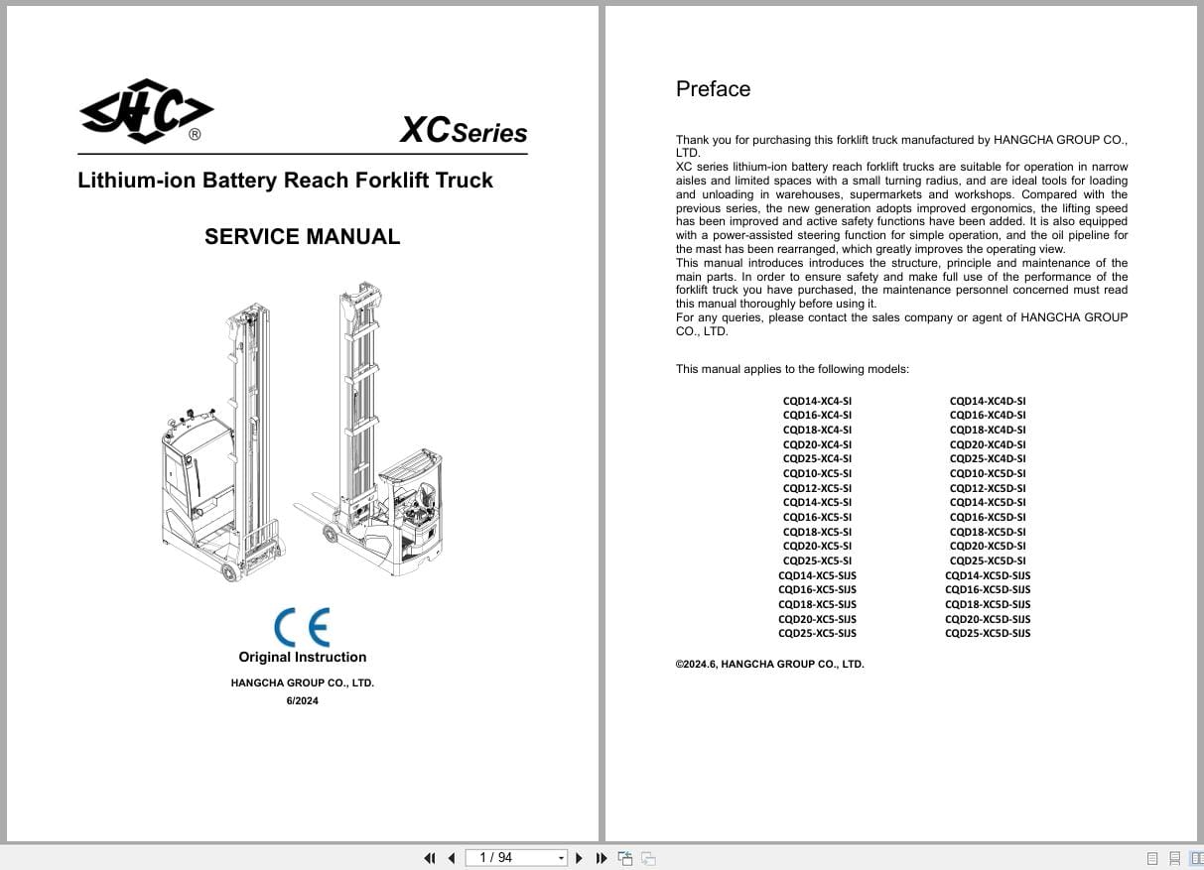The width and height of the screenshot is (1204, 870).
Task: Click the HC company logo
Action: click(146, 111)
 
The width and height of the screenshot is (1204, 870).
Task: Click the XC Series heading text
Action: click(463, 131)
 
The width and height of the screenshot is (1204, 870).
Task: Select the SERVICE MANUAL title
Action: click(302, 236)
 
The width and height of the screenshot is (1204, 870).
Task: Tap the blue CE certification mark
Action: click(302, 627)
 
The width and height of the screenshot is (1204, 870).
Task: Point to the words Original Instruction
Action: click(302, 657)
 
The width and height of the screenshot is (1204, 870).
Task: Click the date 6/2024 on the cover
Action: click(302, 700)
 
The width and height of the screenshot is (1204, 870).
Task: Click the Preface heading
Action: click(713, 89)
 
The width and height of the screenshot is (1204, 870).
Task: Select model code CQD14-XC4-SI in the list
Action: click(817, 401)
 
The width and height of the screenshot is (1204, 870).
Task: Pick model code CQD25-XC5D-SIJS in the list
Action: click(988, 633)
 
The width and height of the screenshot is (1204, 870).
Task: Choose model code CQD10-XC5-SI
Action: click(817, 473)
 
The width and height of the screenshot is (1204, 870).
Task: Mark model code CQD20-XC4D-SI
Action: click(988, 444)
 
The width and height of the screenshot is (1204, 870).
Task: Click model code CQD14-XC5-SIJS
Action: click(817, 575)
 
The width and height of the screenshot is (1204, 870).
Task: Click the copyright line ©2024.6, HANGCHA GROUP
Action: click(769, 664)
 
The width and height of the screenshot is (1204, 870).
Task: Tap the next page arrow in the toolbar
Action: click(580, 858)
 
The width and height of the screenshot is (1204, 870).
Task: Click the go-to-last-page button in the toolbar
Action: click(601, 858)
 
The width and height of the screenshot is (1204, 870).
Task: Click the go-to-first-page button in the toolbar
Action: click(430, 858)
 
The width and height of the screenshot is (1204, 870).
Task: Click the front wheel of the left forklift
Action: click(230, 572)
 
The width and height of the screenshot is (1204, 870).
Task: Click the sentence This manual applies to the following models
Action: click(792, 369)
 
